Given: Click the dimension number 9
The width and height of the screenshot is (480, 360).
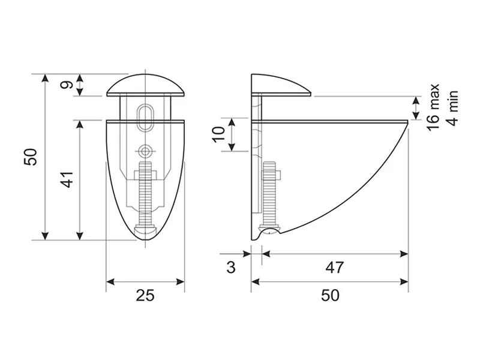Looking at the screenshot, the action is (x=67, y=85).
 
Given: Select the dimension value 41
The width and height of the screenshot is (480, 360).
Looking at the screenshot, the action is (x=67, y=179).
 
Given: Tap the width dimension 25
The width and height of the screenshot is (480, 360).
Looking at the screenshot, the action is (x=145, y=295).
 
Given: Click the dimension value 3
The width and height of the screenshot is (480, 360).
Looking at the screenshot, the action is (x=231, y=267).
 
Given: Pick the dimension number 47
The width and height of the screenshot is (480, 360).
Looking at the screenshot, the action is (x=335, y=267).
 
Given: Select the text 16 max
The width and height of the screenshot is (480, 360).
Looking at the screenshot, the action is (x=433, y=107).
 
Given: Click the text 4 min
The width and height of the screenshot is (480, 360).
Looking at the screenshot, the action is (x=452, y=108).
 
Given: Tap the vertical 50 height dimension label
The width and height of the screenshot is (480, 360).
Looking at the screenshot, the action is (x=31, y=157).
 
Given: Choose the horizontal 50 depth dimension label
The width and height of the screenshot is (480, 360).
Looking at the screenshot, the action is (x=331, y=295).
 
